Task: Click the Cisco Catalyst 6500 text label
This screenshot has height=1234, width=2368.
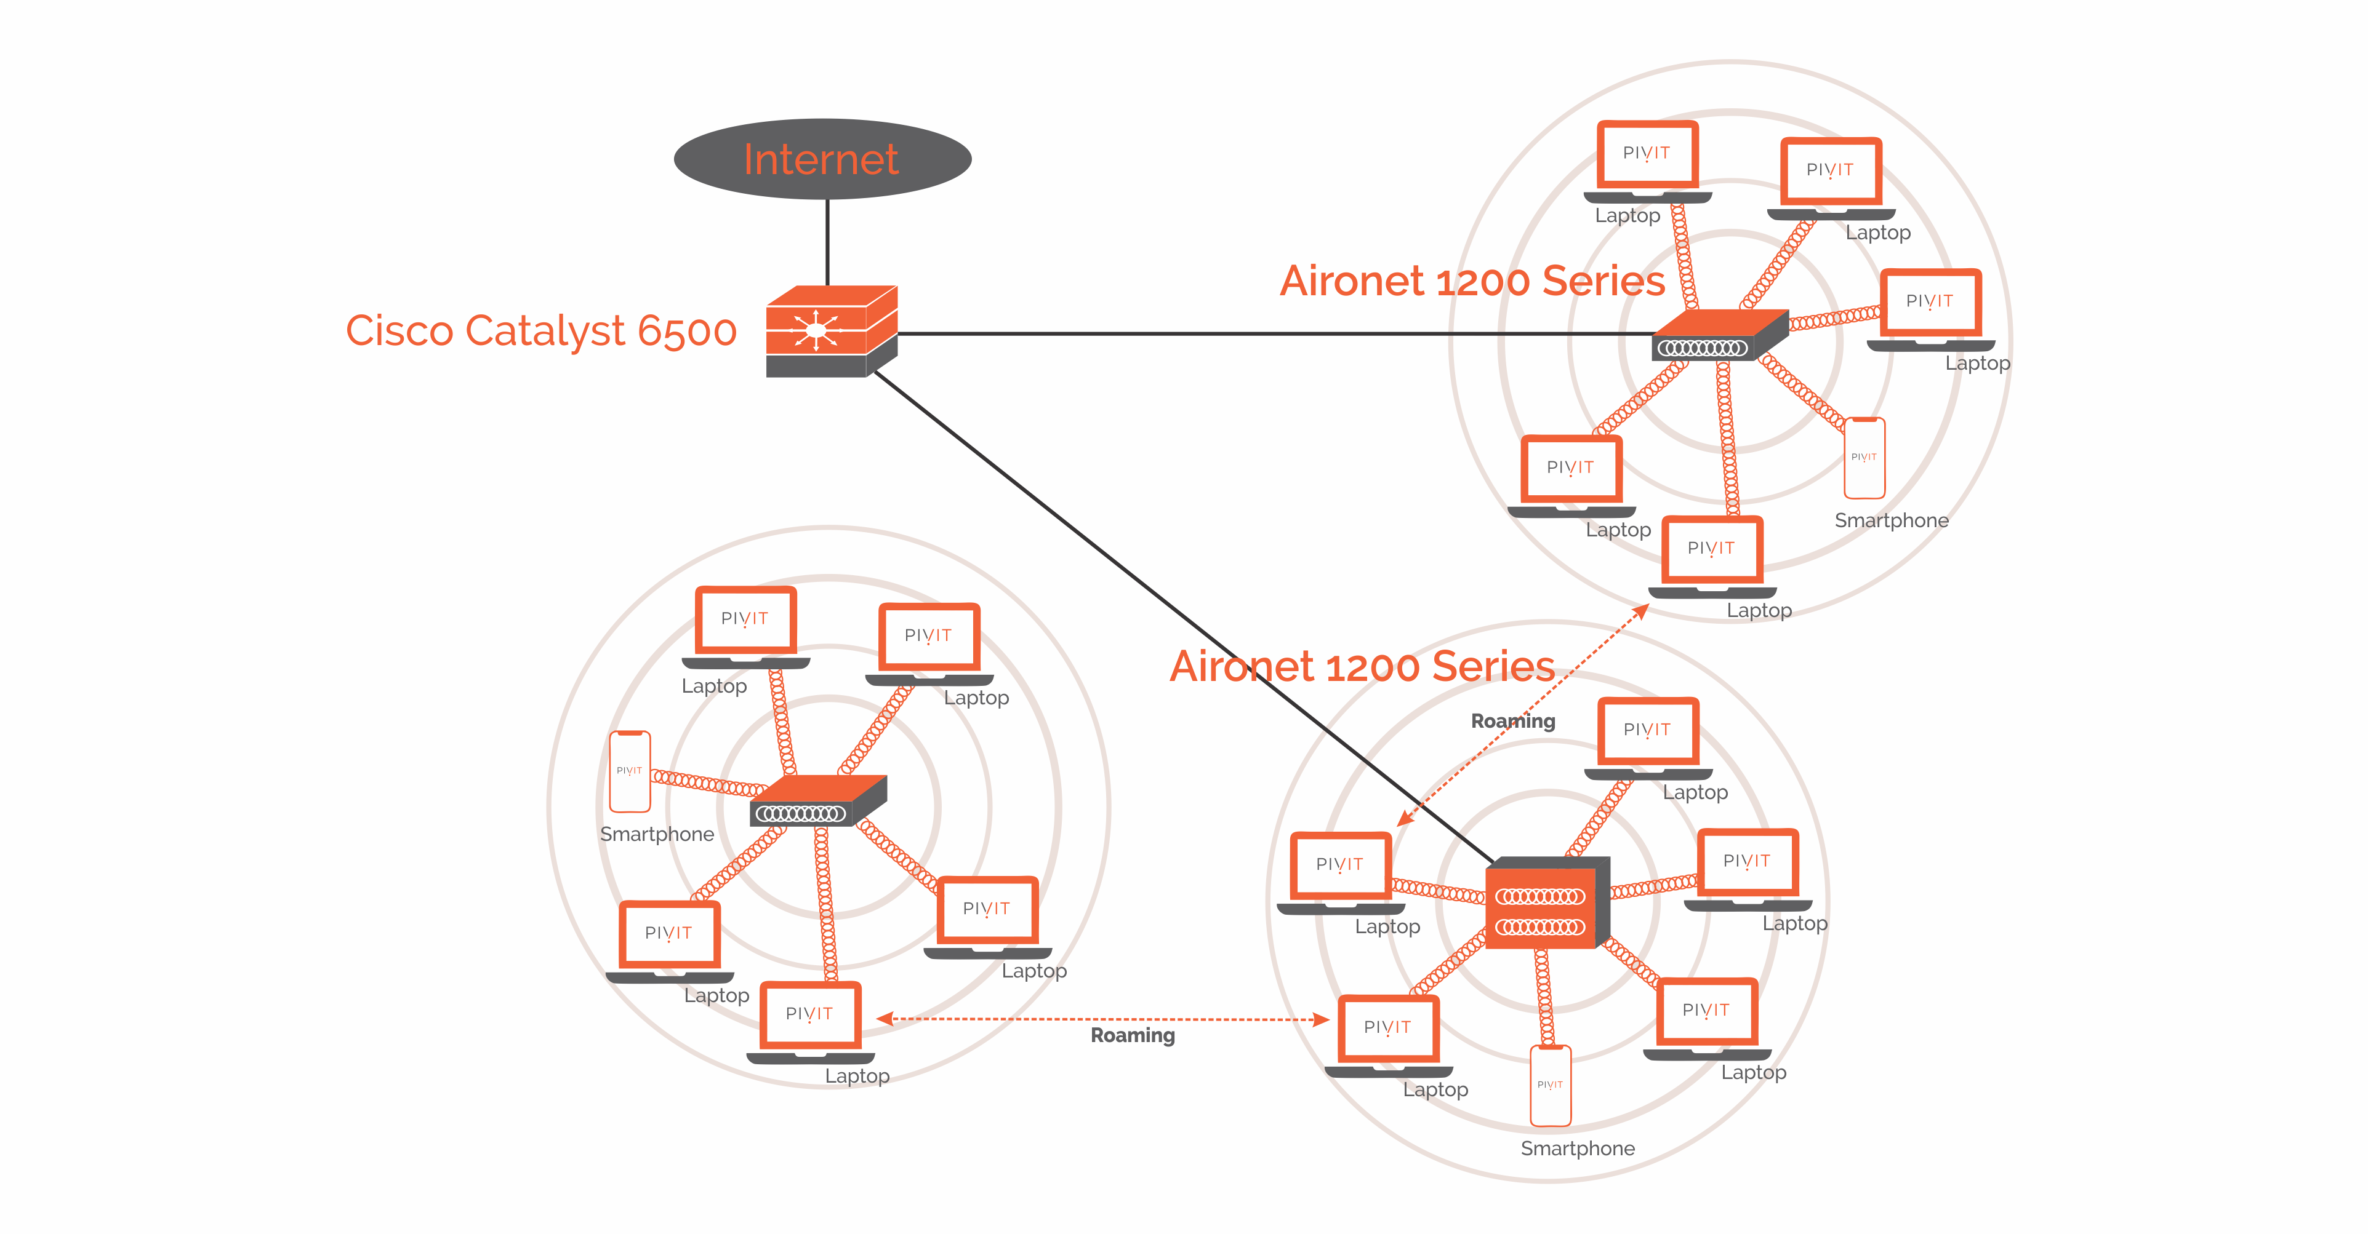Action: tap(540, 331)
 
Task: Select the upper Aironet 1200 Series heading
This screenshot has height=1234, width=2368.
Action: tap(1472, 281)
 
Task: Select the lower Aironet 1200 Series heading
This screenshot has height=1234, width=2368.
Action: tap(1362, 666)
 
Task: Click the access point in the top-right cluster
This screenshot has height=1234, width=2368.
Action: tap(1717, 335)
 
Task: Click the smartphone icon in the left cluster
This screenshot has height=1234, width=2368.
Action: tap(630, 772)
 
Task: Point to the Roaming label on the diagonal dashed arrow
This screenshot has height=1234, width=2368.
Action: tap(1512, 722)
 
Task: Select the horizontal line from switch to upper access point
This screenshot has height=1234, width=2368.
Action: tap(1269, 333)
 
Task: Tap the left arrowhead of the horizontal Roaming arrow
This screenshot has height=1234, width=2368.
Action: tap(885, 1018)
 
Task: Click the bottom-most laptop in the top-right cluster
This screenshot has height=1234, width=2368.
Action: tap(1712, 557)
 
